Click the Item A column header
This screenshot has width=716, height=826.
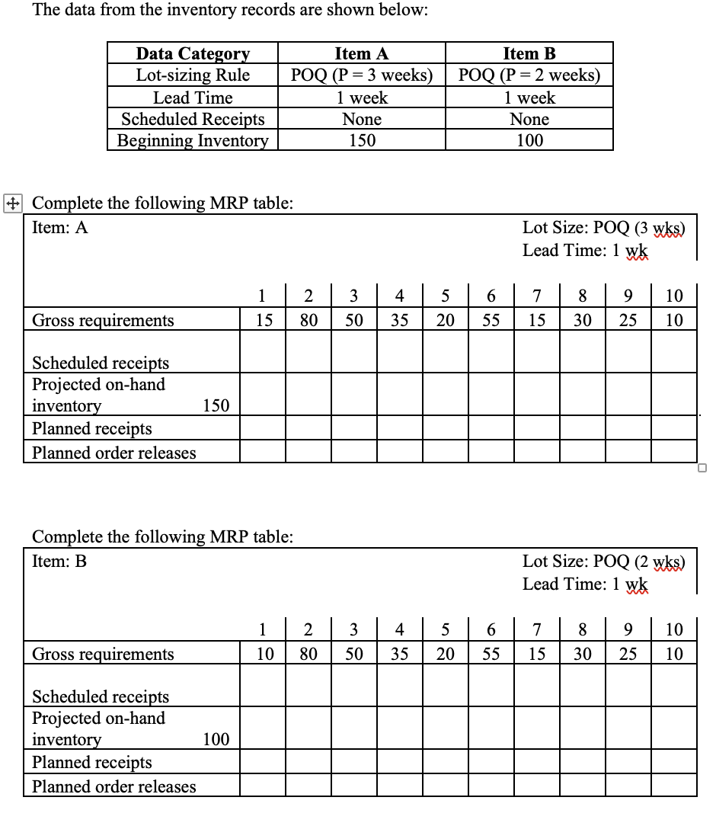point(362,53)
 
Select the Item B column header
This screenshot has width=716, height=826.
point(529,53)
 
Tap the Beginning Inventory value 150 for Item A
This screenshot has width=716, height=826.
point(362,140)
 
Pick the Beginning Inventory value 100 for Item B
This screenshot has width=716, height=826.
point(529,140)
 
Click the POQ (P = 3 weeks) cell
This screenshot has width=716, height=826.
point(362,75)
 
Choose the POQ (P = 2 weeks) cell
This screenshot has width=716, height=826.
point(529,75)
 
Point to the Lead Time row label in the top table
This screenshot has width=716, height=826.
point(193,98)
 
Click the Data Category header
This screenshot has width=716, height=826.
point(193,53)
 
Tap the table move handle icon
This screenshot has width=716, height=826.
point(11,203)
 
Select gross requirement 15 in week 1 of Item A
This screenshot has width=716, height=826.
point(263,320)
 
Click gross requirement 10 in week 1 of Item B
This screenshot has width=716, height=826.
point(263,654)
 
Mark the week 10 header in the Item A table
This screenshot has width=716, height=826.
point(674,295)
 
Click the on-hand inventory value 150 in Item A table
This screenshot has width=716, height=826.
point(216,405)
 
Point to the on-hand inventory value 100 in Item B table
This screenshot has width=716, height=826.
point(216,739)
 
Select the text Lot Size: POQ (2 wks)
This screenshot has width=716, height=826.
point(604,562)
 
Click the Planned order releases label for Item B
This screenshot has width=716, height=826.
point(113,786)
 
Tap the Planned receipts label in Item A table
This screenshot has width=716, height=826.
point(91,428)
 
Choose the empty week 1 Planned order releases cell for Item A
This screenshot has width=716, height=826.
point(263,453)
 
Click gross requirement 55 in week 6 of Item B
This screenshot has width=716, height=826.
point(491,654)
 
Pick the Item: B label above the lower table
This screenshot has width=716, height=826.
point(59,562)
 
